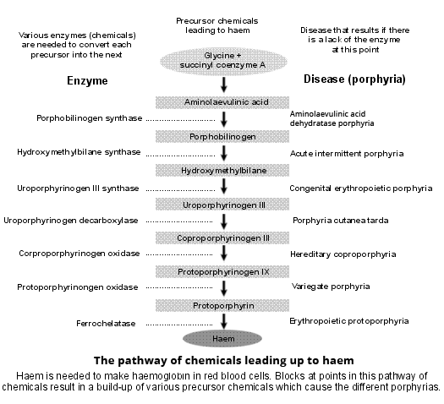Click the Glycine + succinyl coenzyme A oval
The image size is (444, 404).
point(223,58)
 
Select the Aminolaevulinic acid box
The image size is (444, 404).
point(224,101)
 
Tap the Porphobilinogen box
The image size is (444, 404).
point(224,135)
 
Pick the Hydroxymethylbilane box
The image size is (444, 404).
point(224,170)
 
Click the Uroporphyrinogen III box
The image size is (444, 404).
point(224,205)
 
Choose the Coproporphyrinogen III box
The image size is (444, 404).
point(224,237)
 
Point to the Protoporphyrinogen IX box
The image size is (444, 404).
point(224,271)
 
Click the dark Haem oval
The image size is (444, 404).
point(224,338)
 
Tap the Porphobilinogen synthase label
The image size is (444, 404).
point(89,118)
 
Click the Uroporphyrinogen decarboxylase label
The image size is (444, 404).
point(71,221)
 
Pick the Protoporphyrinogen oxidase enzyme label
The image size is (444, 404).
point(77,287)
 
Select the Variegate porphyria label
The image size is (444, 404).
point(331,287)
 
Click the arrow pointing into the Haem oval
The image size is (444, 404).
point(224,321)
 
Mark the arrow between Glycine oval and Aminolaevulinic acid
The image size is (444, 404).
point(224,84)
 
